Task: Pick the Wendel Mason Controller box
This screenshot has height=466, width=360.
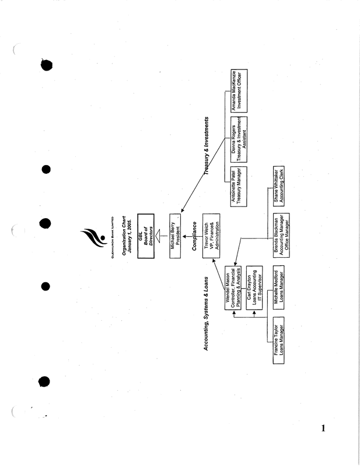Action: pyautogui.click(x=227, y=287)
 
